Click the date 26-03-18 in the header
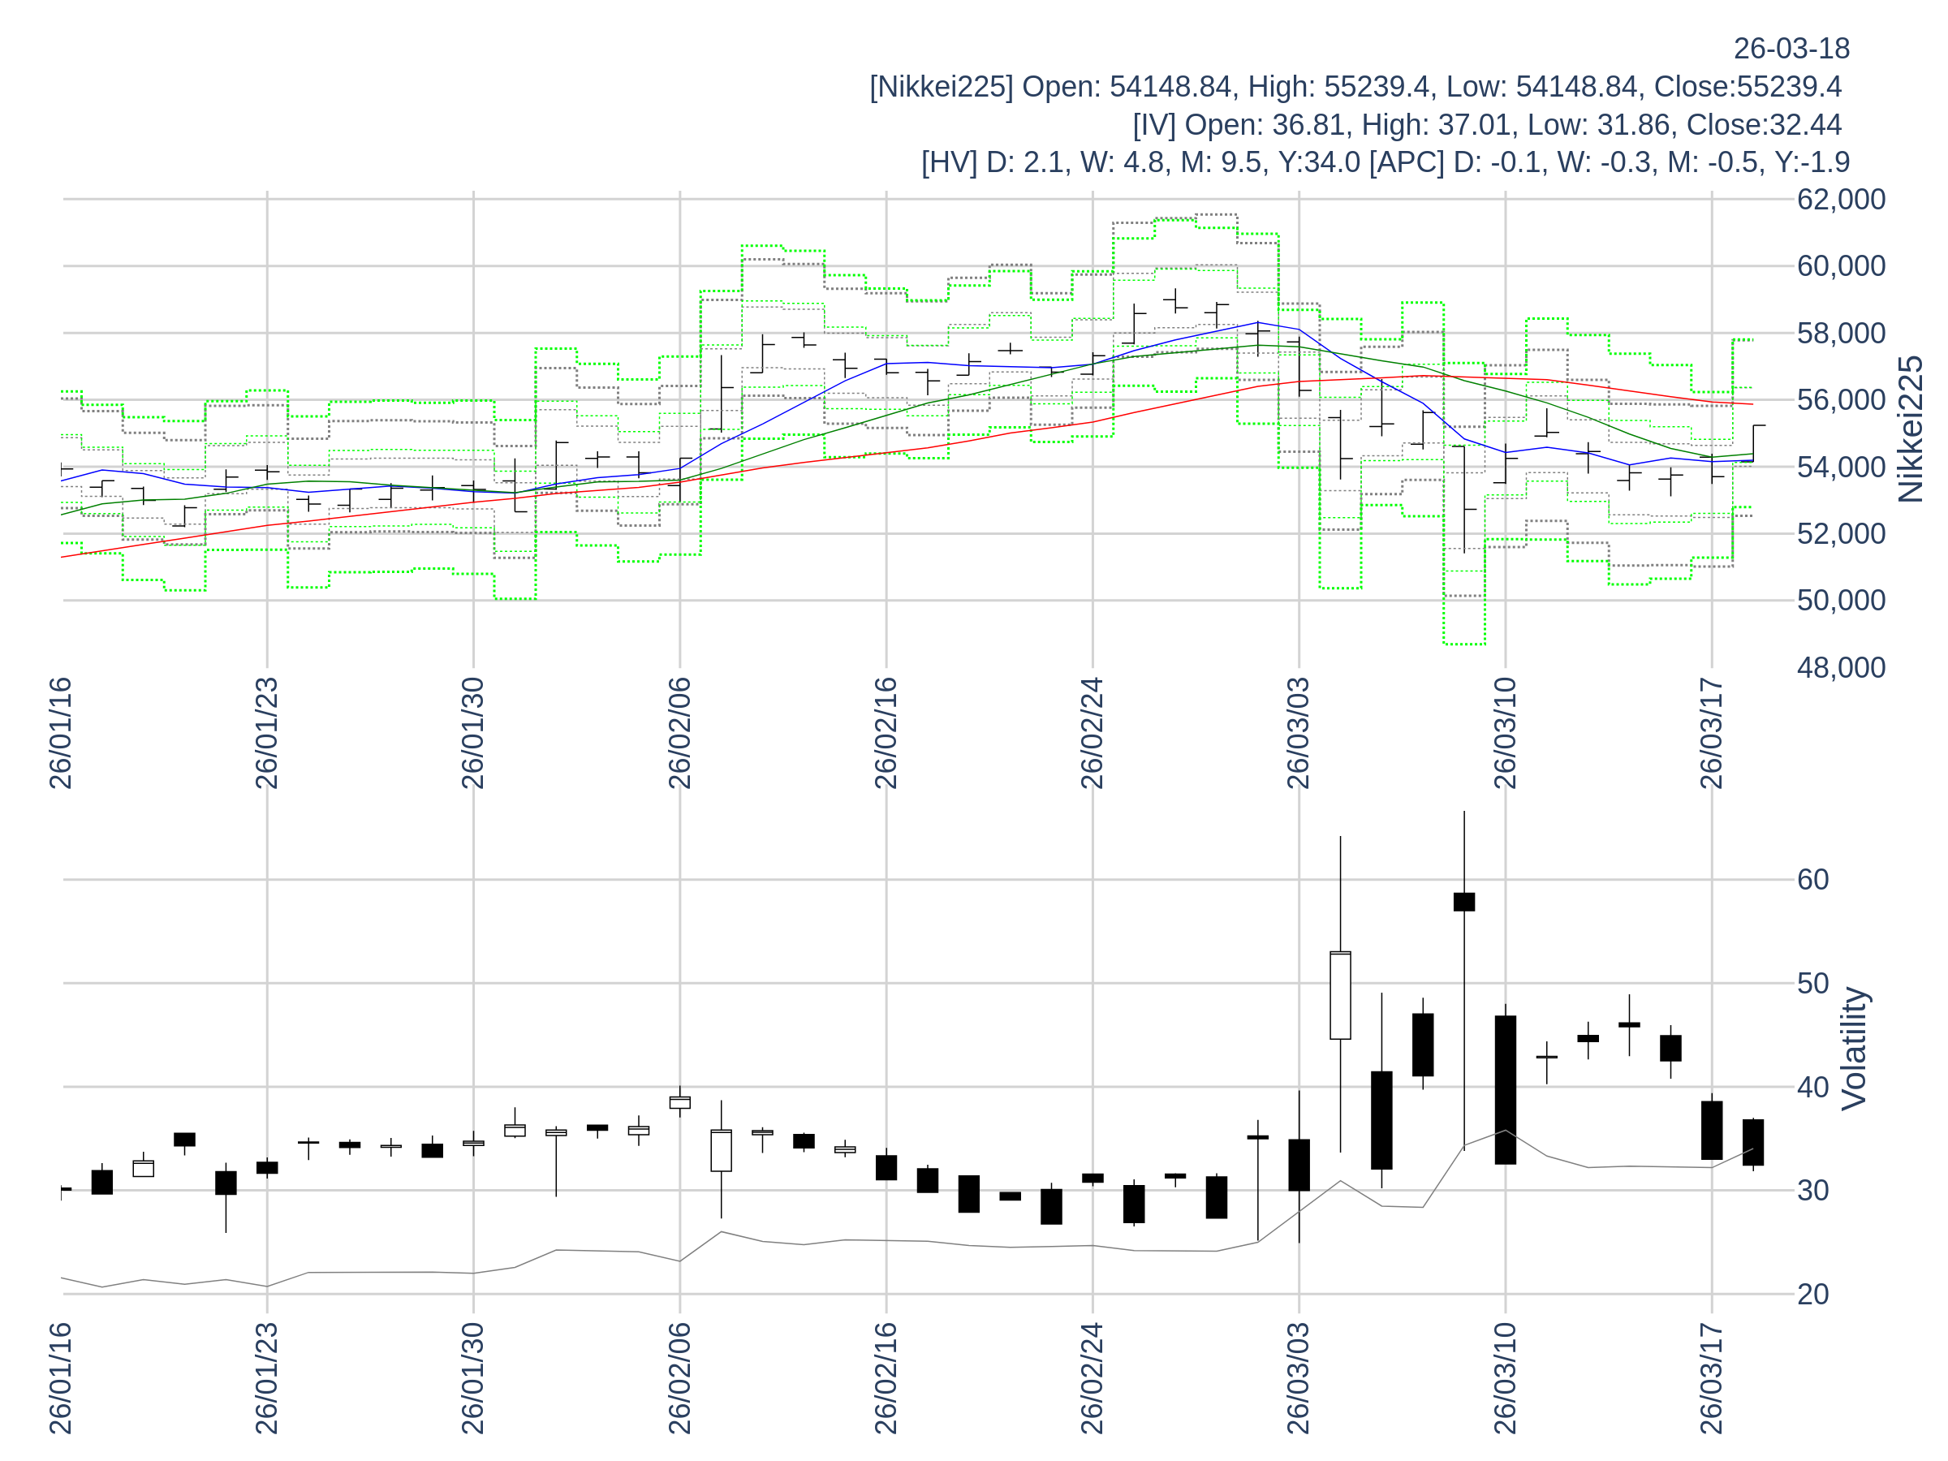1791,49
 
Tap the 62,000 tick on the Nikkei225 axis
1841,199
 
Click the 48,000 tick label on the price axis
1841,667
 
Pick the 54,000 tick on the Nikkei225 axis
1841,467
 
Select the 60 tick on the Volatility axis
1813,879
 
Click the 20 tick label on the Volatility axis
1813,1294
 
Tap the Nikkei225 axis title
1910,429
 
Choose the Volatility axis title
1854,1048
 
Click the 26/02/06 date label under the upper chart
680,733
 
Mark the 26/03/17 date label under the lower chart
1711,1377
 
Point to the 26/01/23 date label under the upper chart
267,733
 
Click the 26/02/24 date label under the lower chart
1092,1377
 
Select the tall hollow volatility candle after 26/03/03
1339,995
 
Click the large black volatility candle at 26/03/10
1505,1089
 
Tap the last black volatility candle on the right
1752,1142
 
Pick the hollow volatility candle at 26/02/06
680,1101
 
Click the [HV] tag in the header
949,162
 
